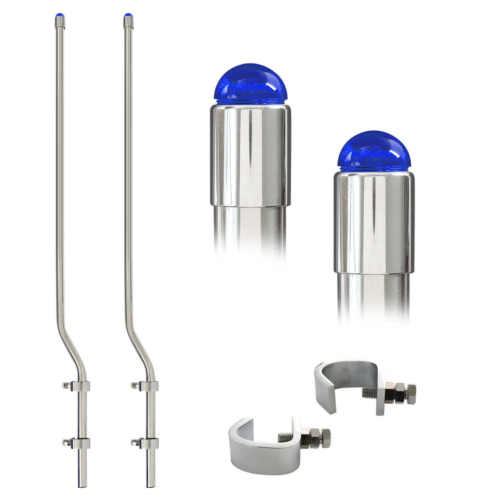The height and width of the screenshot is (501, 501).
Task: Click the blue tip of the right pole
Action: point(128,15)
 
